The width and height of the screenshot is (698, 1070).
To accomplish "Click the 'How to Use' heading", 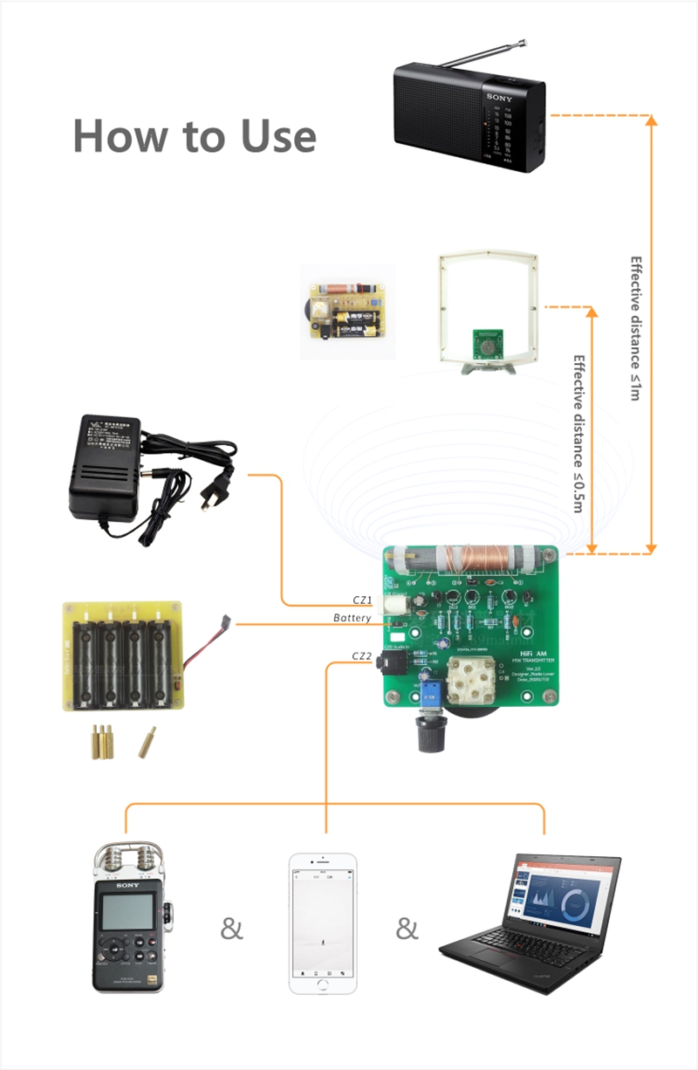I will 194,137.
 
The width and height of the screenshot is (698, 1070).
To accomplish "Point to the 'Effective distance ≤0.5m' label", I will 578,433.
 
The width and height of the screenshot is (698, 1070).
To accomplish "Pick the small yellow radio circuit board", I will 347,312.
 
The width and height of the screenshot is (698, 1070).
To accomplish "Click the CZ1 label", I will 362,600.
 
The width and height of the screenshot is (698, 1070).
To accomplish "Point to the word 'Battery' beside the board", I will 352,619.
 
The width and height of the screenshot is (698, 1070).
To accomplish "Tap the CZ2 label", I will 362,655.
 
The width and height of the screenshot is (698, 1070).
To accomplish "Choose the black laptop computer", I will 532,923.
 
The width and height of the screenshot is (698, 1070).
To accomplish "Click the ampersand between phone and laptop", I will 407,929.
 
